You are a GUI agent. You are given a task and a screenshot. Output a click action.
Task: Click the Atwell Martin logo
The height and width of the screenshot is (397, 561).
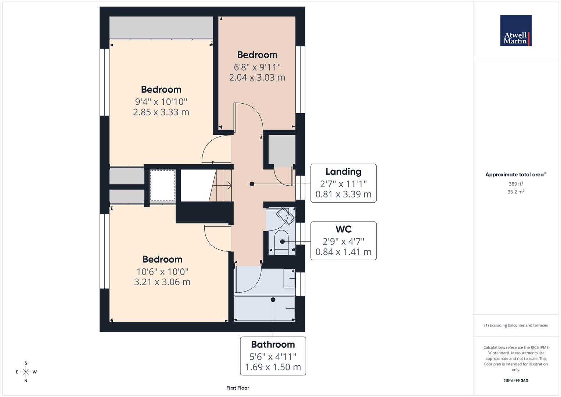tap(515, 31)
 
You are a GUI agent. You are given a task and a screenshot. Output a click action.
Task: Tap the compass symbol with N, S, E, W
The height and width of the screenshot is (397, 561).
tap(26, 372)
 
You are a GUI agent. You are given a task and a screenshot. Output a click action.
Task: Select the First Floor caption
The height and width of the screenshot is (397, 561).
tap(238, 388)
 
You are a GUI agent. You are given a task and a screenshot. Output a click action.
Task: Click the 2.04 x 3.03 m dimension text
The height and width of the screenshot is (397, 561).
tap(257, 78)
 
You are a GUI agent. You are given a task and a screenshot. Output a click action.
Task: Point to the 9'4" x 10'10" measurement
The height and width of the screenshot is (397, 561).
tap(161, 102)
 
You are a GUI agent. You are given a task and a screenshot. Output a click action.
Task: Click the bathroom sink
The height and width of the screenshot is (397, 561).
tap(289, 278)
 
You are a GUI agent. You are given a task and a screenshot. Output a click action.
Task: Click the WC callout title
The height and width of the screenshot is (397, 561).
tap(343, 229)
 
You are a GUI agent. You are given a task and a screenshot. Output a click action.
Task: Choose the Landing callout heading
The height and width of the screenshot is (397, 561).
tap(343, 172)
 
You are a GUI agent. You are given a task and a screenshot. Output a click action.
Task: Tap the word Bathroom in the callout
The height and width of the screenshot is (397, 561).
tap(273, 344)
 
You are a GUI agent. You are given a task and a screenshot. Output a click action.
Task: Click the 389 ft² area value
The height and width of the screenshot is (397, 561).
tap(515, 184)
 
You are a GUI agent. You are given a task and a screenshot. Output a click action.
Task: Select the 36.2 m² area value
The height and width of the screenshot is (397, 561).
tap(515, 192)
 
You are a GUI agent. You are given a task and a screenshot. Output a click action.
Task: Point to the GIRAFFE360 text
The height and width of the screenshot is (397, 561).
tap(515, 381)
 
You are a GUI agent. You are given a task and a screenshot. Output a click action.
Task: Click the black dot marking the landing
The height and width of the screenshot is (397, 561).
tap(252, 184)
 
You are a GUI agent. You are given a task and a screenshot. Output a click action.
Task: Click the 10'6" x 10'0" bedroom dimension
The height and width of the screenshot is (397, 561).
tap(162, 272)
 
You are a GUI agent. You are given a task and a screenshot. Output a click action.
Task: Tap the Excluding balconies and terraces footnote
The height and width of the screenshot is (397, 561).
tap(515, 325)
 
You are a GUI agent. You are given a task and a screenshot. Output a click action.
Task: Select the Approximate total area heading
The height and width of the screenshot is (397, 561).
tap(515, 175)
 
